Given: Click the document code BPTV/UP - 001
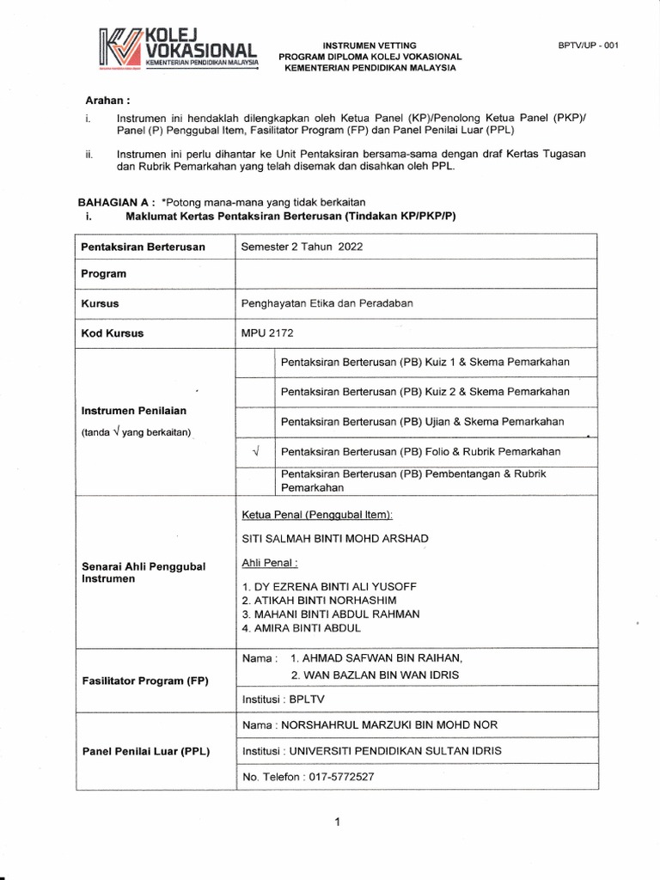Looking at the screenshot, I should pyautogui.click(x=588, y=46).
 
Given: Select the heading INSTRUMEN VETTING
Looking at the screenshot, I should pyautogui.click(x=369, y=45).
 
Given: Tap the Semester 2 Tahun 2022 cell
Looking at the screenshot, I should pyautogui.click(x=302, y=246).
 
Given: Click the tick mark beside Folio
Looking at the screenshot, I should pyautogui.click(x=255, y=451).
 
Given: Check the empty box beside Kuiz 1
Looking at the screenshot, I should pyautogui.click(x=255, y=363).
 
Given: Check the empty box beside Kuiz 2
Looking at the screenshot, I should pyautogui.click(x=255, y=392).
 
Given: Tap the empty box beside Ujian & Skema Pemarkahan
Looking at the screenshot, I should pyautogui.click(x=255, y=421).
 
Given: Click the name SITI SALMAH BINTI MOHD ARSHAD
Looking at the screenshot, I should pyautogui.click(x=336, y=538).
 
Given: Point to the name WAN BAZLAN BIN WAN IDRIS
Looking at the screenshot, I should pyautogui.click(x=376, y=675).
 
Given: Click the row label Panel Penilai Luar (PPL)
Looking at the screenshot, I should pyautogui.click(x=145, y=751).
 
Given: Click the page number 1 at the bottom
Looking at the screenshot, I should pyautogui.click(x=338, y=822).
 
